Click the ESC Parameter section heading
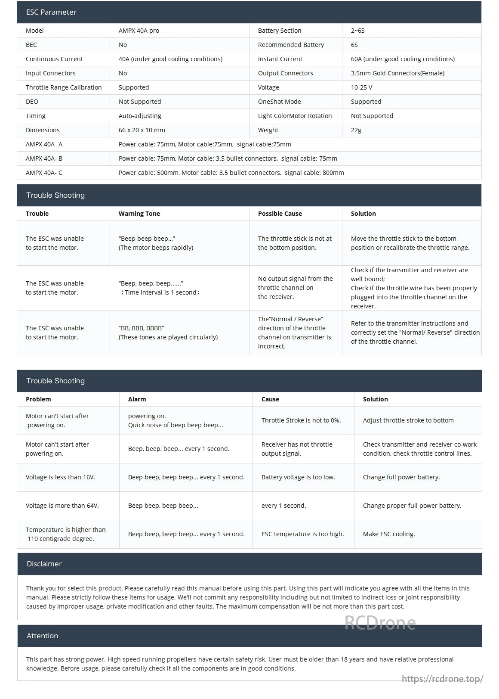tap(51, 12)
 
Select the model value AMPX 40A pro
tap(139, 31)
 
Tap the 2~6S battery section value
tap(357, 31)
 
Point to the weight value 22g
tap(356, 130)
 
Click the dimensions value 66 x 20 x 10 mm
tap(142, 130)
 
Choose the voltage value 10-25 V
tap(361, 87)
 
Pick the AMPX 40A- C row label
tap(44, 173)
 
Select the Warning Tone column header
tap(139, 214)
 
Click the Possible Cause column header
tap(280, 214)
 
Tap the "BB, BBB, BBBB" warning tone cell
tap(168, 332)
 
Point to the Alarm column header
tap(137, 399)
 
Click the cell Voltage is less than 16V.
tap(60, 477)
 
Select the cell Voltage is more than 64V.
tap(62, 506)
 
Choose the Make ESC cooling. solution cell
tap(389, 534)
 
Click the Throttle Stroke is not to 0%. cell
tap(301, 420)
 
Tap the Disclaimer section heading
tap(44, 564)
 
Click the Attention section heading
tap(42, 636)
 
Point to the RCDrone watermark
tap(380, 623)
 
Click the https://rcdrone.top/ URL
tap(442, 679)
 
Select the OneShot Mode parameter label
tap(279, 102)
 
